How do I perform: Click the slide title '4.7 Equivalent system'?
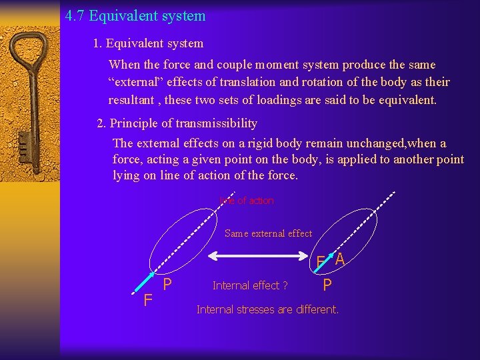click(135, 15)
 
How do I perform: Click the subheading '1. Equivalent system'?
click(148, 43)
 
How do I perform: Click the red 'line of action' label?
click(247, 201)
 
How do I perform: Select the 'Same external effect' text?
click(268, 233)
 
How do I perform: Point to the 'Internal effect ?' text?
click(250, 285)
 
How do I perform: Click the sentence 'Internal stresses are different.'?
click(267, 309)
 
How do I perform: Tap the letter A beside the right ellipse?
click(339, 259)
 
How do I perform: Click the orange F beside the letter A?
click(321, 262)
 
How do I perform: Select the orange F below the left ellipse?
click(148, 300)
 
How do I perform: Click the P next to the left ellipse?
click(168, 285)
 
